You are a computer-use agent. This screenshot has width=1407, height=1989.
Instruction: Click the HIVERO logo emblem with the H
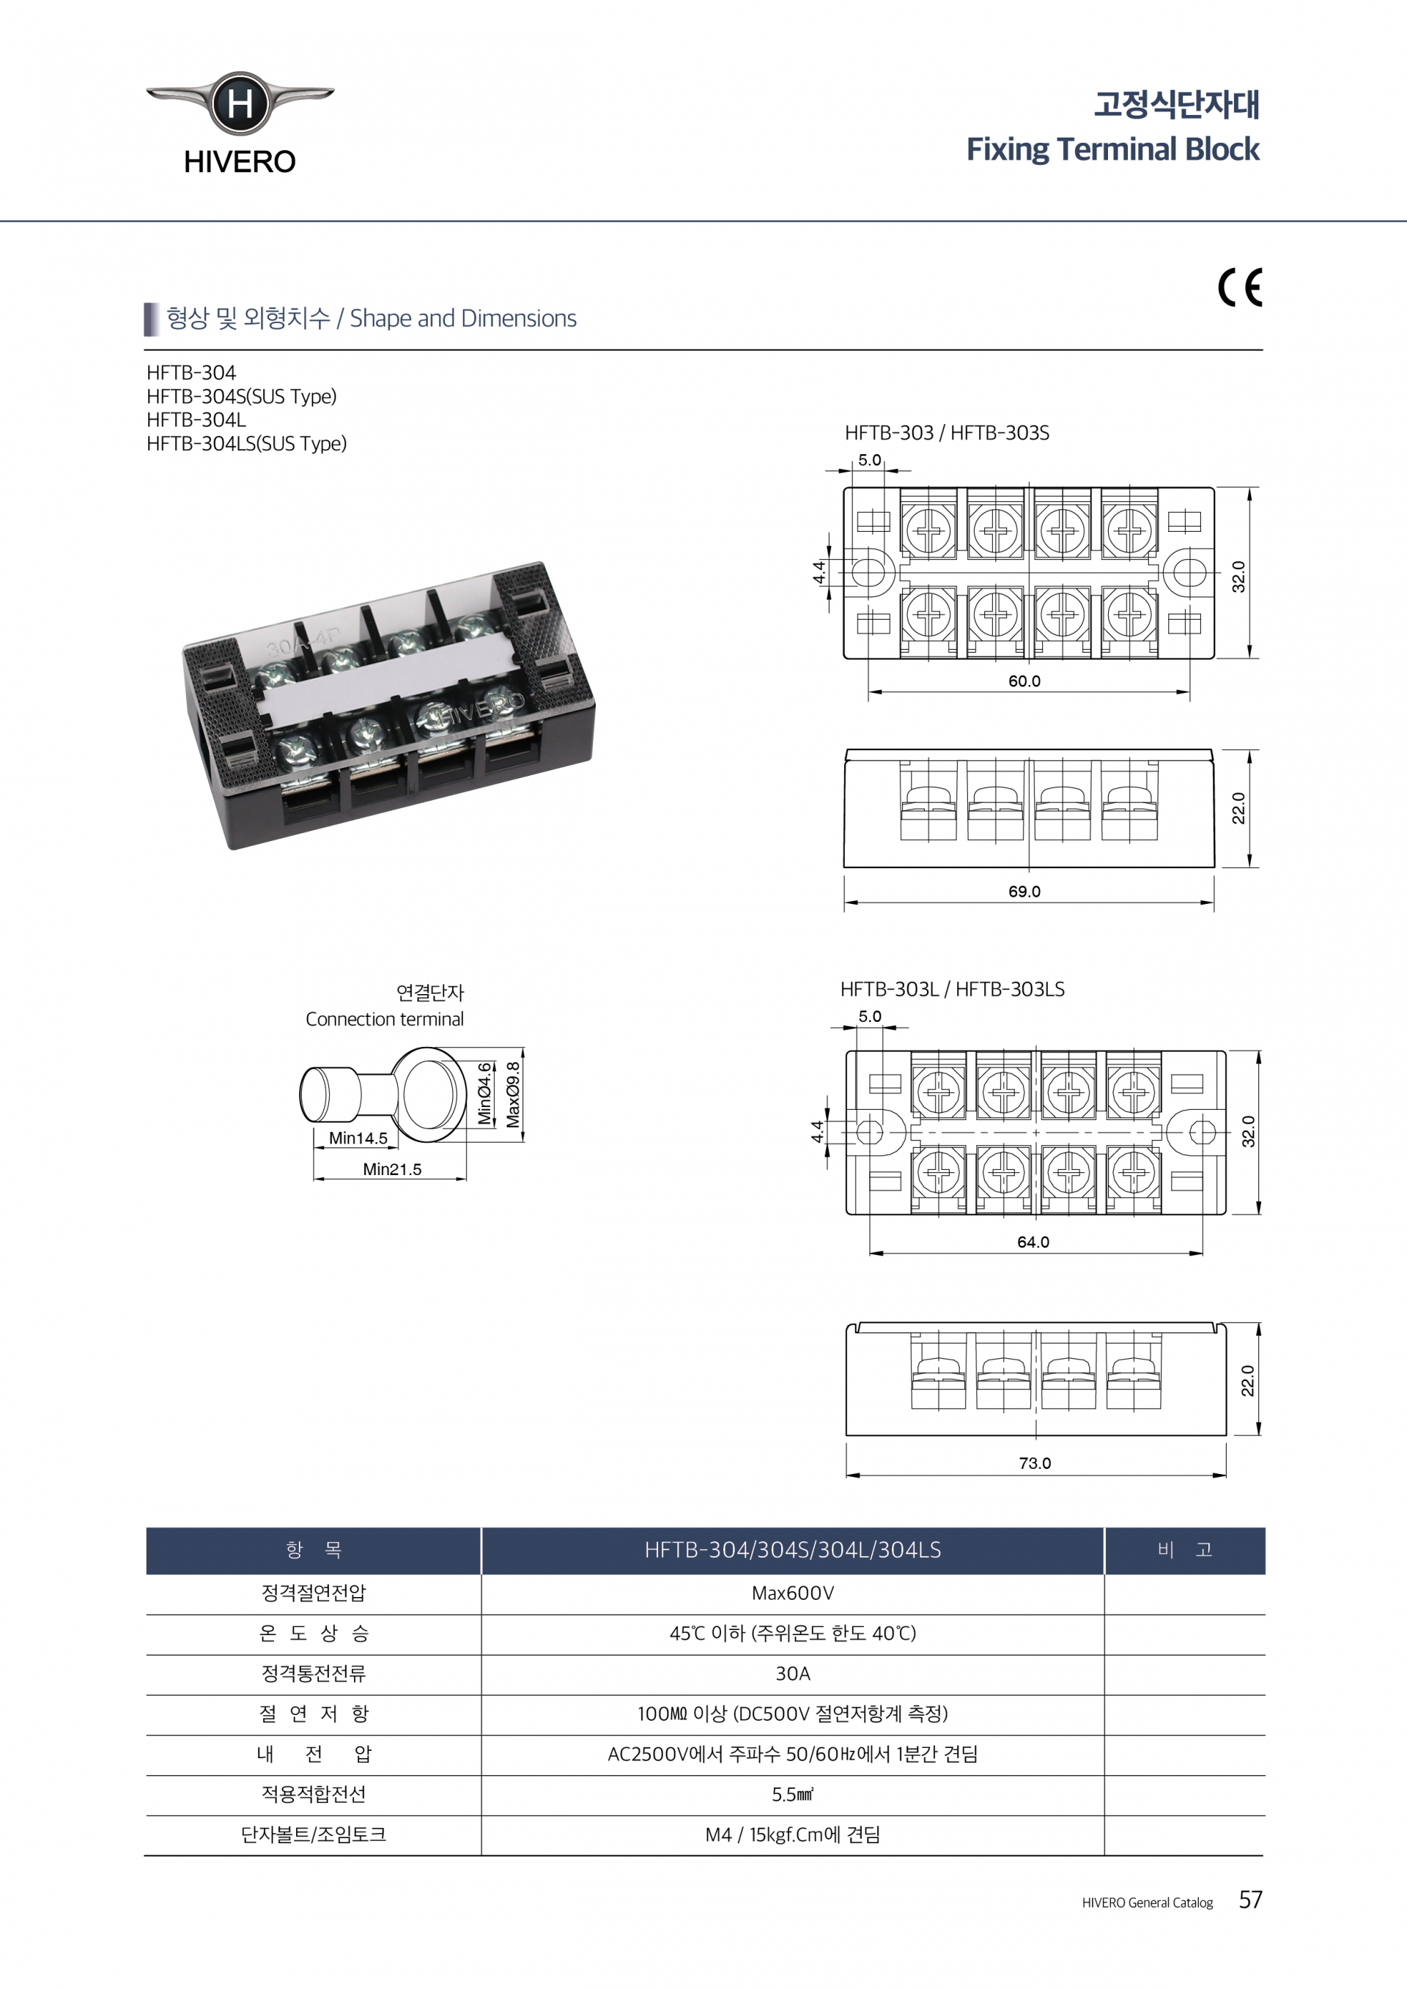click(x=240, y=104)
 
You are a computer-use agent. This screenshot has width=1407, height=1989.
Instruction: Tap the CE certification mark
click(x=1240, y=288)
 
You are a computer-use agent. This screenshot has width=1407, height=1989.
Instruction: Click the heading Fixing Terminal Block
click(x=1112, y=149)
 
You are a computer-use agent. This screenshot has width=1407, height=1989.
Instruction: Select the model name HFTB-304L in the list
click(x=196, y=421)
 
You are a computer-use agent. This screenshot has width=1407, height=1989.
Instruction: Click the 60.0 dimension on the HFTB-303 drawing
click(x=1024, y=681)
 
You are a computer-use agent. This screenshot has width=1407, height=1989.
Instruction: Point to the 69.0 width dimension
click(x=1024, y=892)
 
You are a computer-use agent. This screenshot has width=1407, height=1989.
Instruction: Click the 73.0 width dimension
click(x=1035, y=1463)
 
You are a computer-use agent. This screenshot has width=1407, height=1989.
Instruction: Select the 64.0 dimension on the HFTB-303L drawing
click(x=1033, y=1242)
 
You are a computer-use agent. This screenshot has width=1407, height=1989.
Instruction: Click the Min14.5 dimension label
click(x=358, y=1138)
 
